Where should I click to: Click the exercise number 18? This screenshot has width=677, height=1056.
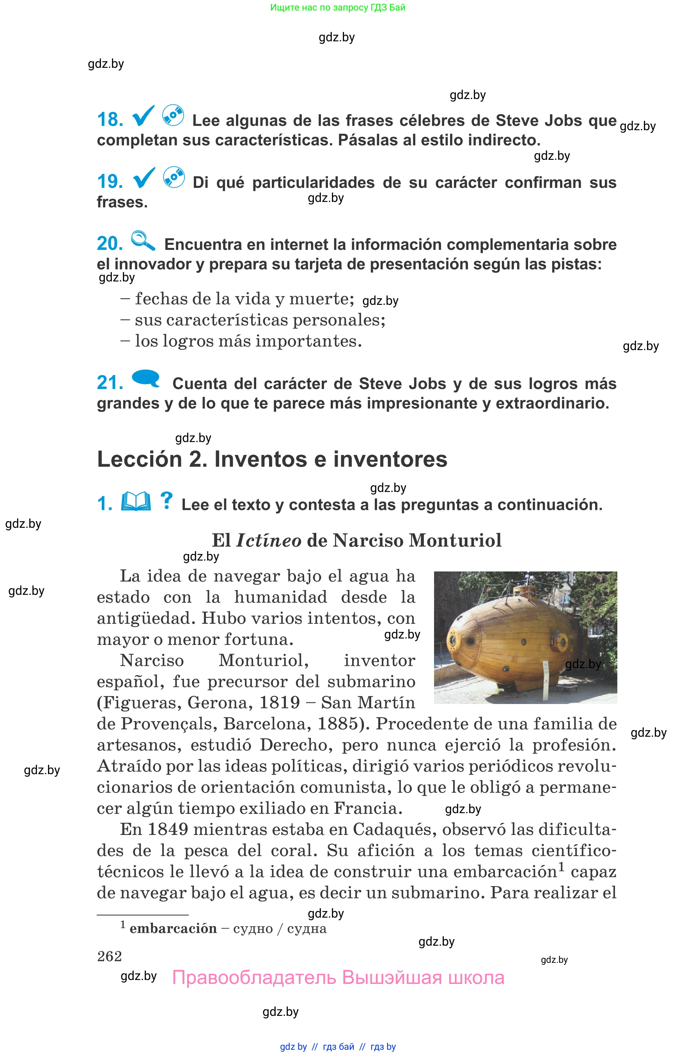110,120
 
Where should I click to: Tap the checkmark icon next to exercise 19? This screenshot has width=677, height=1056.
144,178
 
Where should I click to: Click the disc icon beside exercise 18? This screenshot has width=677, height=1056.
173,115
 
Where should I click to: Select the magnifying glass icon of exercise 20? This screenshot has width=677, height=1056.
143,241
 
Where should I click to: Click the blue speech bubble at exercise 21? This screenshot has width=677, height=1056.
146,379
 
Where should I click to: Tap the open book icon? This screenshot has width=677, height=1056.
136,501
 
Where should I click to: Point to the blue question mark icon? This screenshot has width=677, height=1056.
166,501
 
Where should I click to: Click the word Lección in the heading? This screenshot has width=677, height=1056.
139,460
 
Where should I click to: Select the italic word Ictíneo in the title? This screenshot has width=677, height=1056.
269,541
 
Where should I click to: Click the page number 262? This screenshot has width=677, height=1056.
110,957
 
